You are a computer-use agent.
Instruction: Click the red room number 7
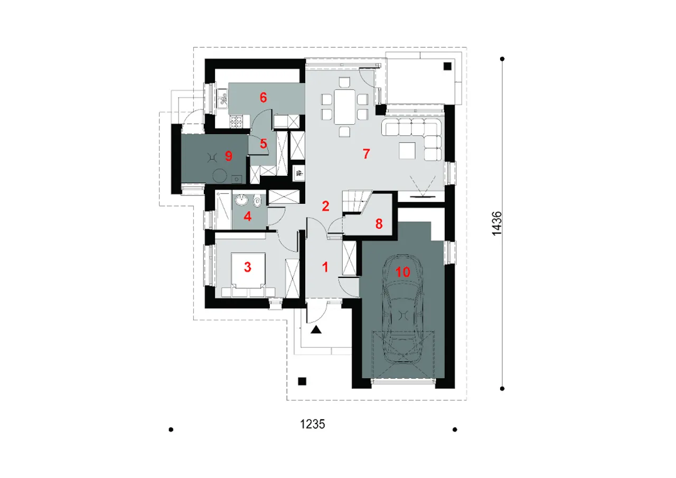click(365, 154)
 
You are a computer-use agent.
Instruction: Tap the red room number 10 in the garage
click(402, 272)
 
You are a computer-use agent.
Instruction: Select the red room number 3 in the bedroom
click(247, 267)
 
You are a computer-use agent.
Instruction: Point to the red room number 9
click(228, 156)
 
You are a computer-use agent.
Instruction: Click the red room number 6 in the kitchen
click(263, 97)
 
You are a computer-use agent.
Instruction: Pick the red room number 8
click(378, 223)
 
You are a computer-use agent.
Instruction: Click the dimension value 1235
click(312, 424)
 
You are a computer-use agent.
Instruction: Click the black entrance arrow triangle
click(316, 331)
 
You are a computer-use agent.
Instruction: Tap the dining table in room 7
click(345, 106)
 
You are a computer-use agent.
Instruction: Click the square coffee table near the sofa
click(407, 151)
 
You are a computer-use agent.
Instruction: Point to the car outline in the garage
click(403, 312)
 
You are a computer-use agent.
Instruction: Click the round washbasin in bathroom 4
click(242, 200)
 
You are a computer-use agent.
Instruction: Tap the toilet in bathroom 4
click(257, 201)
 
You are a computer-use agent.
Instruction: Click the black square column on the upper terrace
click(447, 66)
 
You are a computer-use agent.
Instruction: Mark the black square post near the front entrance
click(302, 381)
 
